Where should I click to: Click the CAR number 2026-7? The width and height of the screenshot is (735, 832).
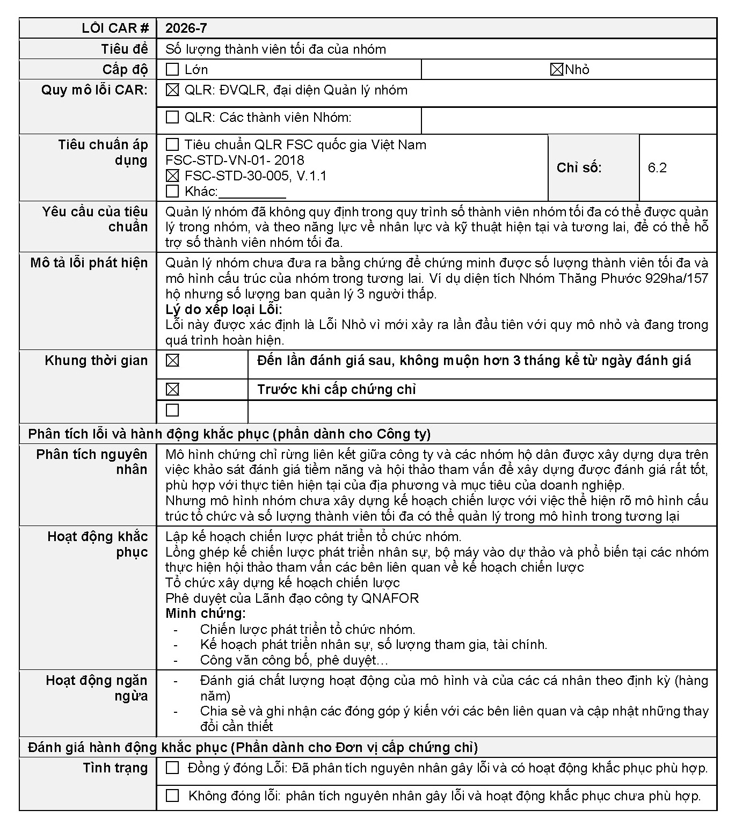[x=186, y=28]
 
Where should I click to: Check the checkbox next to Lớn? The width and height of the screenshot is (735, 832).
[x=172, y=70]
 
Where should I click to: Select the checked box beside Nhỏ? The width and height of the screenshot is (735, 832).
[x=557, y=70]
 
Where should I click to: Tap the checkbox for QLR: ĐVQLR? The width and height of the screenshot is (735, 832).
[x=172, y=90]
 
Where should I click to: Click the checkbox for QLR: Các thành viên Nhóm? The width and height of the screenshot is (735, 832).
[x=172, y=117]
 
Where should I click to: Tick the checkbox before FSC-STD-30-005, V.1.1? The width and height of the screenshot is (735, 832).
[x=172, y=176]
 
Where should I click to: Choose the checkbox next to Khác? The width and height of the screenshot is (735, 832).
[x=172, y=191]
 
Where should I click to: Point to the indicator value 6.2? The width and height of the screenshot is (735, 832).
[x=657, y=168]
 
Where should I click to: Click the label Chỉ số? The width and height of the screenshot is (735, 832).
[x=579, y=168]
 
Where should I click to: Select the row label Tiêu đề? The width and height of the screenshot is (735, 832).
[x=124, y=49]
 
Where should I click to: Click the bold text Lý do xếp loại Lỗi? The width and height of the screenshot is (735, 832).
[x=223, y=310]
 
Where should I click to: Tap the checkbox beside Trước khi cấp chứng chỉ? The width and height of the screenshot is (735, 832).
[x=172, y=390]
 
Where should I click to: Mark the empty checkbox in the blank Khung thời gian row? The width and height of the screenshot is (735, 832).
[x=172, y=410]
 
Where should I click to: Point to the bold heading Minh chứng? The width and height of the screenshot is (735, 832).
[x=205, y=614]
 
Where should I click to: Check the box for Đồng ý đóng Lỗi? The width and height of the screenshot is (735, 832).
[x=172, y=768]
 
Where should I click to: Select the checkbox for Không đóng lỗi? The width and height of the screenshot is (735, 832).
[x=172, y=795]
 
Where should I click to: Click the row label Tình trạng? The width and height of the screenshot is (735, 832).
[x=115, y=768]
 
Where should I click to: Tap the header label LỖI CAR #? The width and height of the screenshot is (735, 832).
[x=115, y=28]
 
